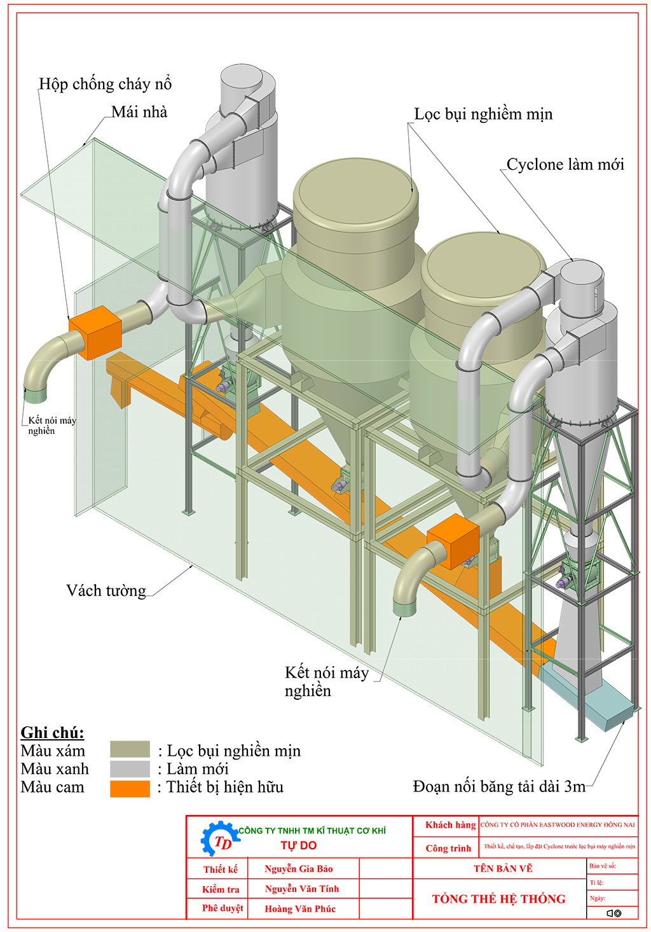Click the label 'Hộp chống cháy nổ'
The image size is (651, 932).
click(x=105, y=84)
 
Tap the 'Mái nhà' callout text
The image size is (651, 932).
click(x=139, y=113)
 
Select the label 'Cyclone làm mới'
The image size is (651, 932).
click(x=565, y=165)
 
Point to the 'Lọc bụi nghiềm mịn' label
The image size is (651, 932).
click(x=483, y=115)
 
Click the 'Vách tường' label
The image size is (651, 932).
click(x=106, y=591)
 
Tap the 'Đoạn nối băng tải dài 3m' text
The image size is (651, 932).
click(x=499, y=787)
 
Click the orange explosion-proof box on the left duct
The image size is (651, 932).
click(x=95, y=332)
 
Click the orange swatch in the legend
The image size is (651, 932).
click(x=130, y=788)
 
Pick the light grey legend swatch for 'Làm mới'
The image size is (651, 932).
click(x=130, y=769)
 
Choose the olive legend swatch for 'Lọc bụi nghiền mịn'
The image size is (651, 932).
click(x=130, y=749)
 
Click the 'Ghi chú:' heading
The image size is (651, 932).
click(x=52, y=733)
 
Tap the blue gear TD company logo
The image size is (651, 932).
click(x=219, y=838)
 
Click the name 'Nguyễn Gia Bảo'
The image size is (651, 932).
click(x=299, y=869)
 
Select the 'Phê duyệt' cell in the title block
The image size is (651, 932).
click(x=223, y=908)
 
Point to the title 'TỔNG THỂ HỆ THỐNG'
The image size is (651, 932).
click(x=498, y=899)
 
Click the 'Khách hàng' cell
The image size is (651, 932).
click(x=450, y=825)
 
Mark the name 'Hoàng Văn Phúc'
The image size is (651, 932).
click(x=300, y=909)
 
